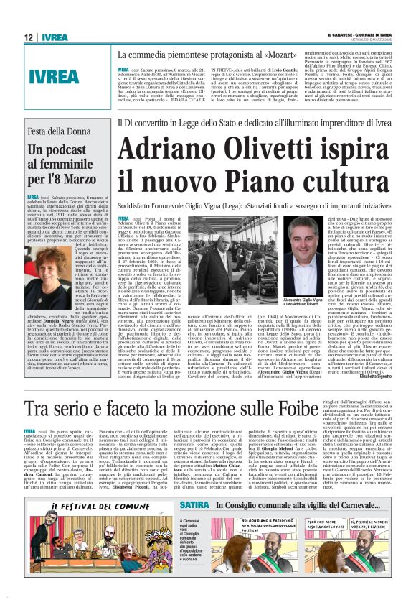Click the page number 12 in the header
[x=29, y=37]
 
